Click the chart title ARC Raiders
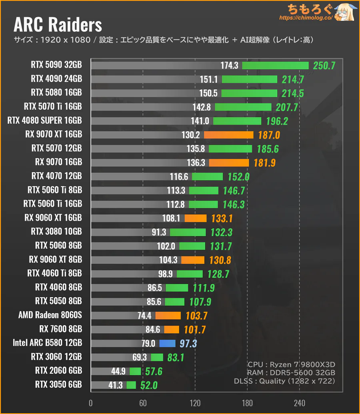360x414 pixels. pyautogui.click(x=58, y=25)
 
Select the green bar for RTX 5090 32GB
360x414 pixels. pyautogui.click(x=275, y=66)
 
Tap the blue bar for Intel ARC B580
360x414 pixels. pyautogui.click(x=167, y=343)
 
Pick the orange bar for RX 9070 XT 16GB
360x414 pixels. pyautogui.click(x=228, y=135)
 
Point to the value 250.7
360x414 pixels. pyautogui.click(x=324, y=66)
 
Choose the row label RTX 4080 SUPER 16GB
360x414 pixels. pyautogui.click(x=44, y=121)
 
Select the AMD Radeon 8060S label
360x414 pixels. pyautogui.click(x=50, y=315)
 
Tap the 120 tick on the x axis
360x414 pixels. pyautogui.click(x=195, y=403)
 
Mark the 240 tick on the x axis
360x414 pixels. pyautogui.click(x=300, y=403)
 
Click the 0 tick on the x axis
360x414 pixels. pyautogui.click(x=91, y=403)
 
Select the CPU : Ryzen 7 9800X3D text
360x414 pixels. pyautogui.click(x=291, y=364)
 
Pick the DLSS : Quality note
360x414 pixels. pyautogui.click(x=284, y=381)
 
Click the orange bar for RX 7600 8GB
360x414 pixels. pyautogui.click(x=172, y=330)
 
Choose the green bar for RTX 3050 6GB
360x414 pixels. pyautogui.click(x=131, y=385)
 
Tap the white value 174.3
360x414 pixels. pyautogui.click(x=229, y=66)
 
